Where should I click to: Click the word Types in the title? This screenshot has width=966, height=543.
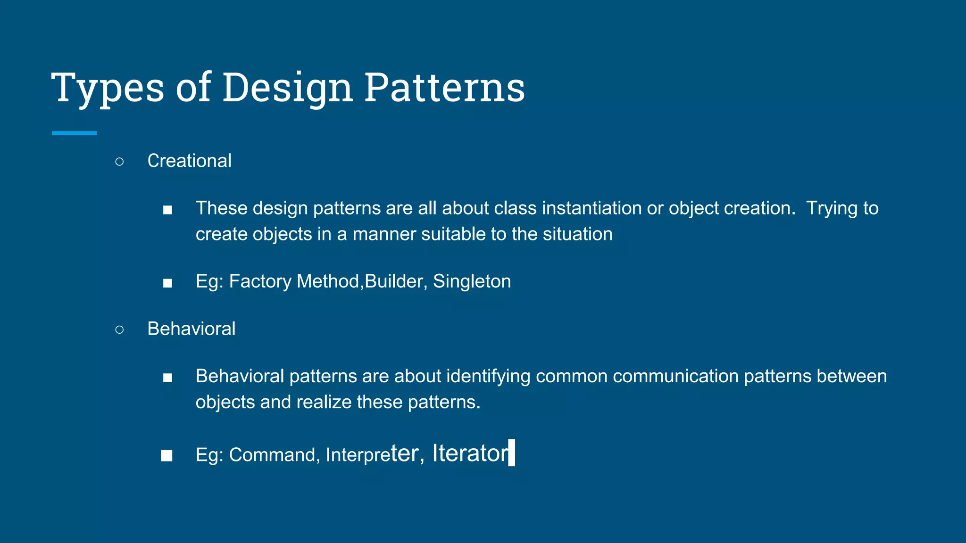tap(108, 88)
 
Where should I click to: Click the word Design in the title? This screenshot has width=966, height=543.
tap(287, 88)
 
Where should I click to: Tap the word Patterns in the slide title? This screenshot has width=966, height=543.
tap(444, 88)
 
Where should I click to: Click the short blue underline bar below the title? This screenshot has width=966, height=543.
tap(75, 133)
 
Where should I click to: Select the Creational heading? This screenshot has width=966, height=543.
tap(189, 161)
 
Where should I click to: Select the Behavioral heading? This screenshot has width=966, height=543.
tap(191, 329)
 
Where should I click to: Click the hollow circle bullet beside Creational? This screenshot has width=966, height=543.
tap(119, 162)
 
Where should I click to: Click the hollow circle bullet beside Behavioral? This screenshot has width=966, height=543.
tap(119, 329)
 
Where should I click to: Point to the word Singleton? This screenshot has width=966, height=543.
tap(472, 281)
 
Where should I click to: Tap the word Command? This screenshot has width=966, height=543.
tap(272, 455)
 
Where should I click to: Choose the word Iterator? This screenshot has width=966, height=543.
tap(470, 453)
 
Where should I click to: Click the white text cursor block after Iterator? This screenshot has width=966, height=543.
tap(512, 453)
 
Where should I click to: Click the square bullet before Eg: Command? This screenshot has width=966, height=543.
tap(167, 455)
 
